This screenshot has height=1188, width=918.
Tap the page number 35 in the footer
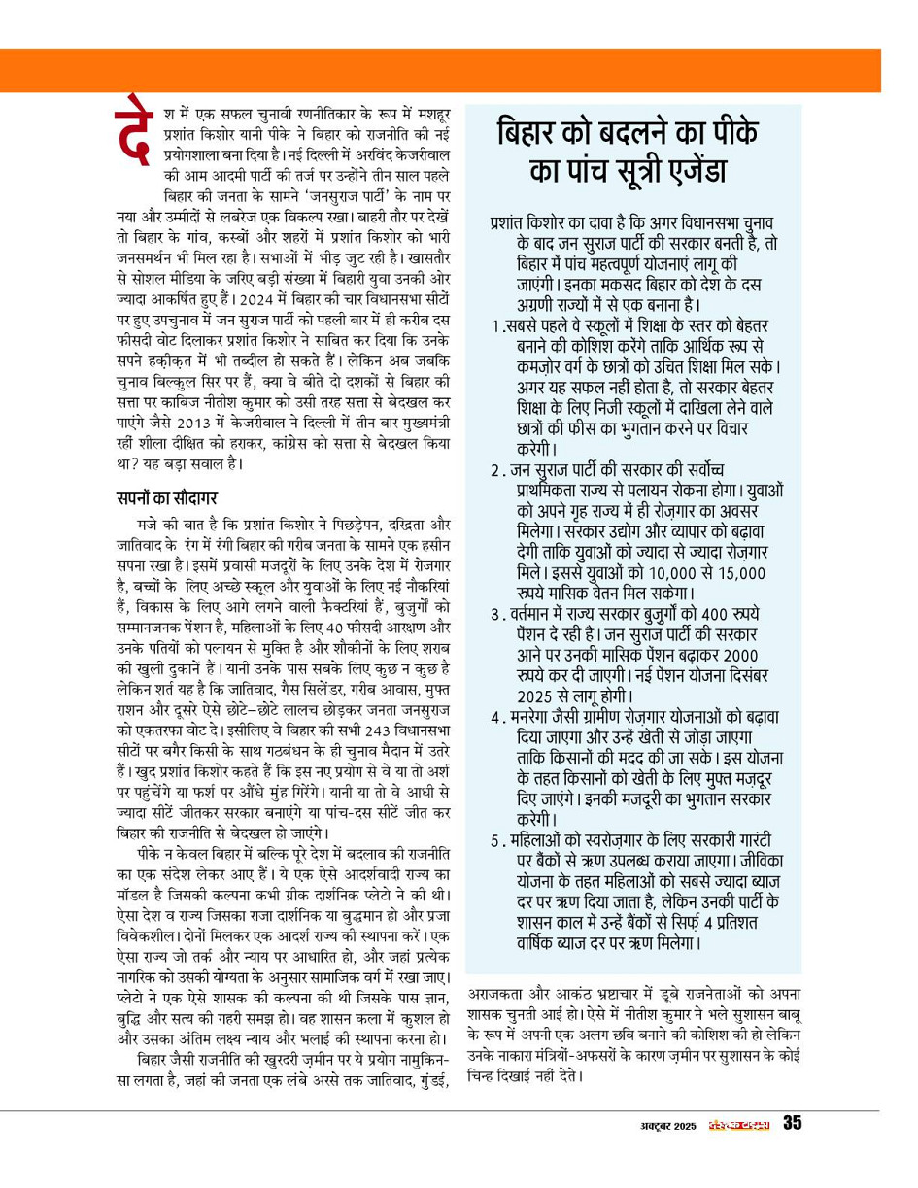point(793,1124)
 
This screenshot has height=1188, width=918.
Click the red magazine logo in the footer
point(739,1125)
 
